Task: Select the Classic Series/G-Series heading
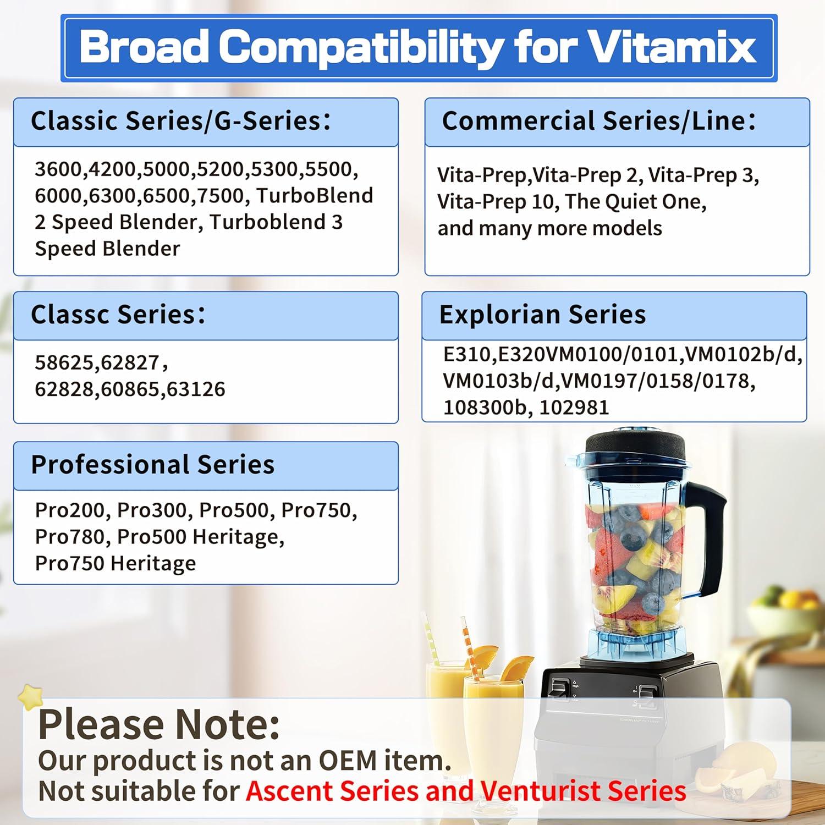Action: [180, 121]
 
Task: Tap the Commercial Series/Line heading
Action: [598, 121]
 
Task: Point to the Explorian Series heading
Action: [542, 315]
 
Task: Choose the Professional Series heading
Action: [152, 465]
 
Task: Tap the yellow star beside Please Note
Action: [31, 697]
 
